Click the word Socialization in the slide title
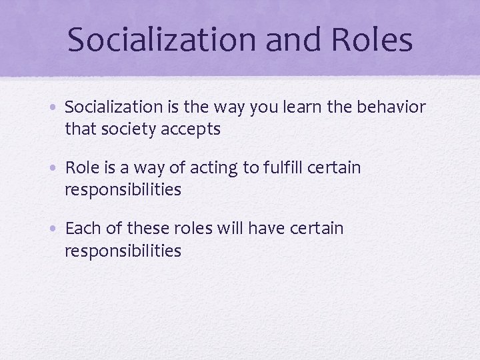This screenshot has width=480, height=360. tap(161, 40)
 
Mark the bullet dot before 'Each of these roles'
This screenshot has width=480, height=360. tap(56, 229)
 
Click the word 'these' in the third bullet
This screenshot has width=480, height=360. tap(146, 229)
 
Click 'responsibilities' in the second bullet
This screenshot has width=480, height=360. tap(123, 190)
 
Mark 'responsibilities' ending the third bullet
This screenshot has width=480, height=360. tap(123, 251)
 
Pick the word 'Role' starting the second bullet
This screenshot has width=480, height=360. tap(81, 168)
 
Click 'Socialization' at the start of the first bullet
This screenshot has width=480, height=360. tap(114, 107)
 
